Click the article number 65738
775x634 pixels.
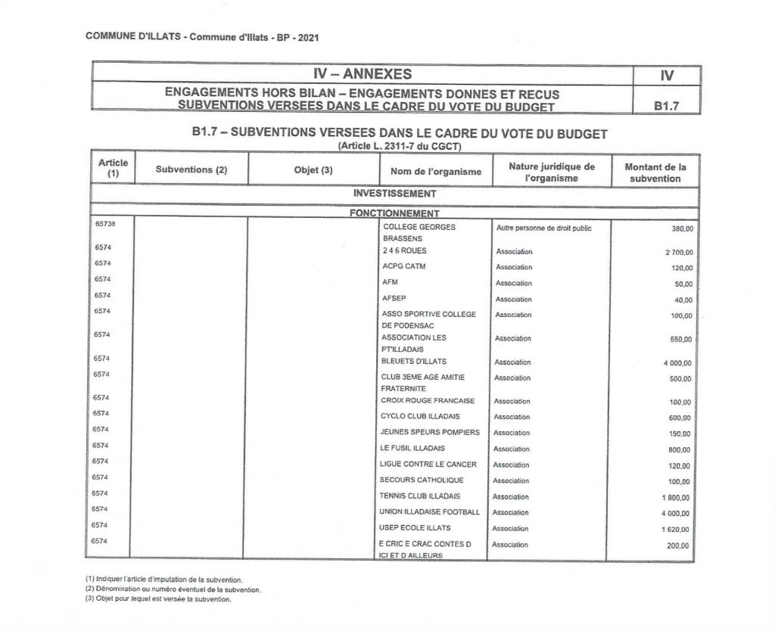(104, 225)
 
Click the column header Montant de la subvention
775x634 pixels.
(655, 172)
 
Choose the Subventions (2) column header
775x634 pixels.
(191, 170)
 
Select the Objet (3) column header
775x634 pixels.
(313, 170)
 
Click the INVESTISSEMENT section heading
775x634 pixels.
(394, 193)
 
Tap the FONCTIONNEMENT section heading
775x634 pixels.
(394, 213)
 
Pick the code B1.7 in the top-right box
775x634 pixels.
(667, 107)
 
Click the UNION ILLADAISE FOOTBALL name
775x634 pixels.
(431, 512)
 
